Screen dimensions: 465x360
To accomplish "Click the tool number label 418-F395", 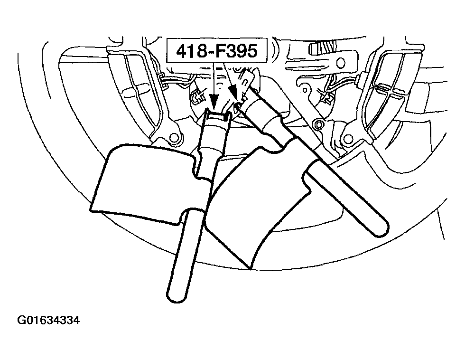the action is click(x=216, y=50).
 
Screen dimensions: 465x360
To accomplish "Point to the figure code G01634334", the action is click(x=48, y=321).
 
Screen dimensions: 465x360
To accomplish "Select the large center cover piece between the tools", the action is click(x=255, y=205).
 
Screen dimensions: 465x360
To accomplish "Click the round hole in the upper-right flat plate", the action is click(x=341, y=62).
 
